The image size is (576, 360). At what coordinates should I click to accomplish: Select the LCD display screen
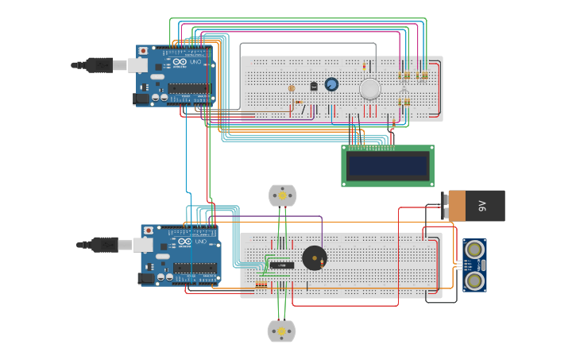click(x=388, y=165)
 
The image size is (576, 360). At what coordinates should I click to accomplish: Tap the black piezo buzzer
click(x=314, y=257)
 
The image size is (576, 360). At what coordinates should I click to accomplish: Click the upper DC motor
click(x=282, y=195)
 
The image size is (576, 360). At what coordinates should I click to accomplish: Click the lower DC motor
click(x=281, y=331)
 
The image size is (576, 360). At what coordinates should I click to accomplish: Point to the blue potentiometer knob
click(x=331, y=84)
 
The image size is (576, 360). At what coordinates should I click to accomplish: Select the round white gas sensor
click(x=370, y=89)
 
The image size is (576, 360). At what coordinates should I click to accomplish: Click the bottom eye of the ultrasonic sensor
click(x=474, y=280)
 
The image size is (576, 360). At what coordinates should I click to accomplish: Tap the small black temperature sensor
click(x=314, y=86)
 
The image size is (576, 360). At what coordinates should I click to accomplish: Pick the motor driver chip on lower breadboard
click(x=281, y=265)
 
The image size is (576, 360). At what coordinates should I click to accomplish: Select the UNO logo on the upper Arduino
click(x=195, y=62)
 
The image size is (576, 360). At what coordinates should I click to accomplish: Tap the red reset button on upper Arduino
click(x=143, y=51)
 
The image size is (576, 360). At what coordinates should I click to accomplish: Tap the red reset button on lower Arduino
click(x=148, y=230)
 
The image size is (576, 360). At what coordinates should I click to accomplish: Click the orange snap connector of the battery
click(x=455, y=206)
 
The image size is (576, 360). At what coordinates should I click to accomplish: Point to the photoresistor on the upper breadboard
click(x=292, y=88)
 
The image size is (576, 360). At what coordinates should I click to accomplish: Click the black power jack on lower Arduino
click(x=145, y=278)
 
